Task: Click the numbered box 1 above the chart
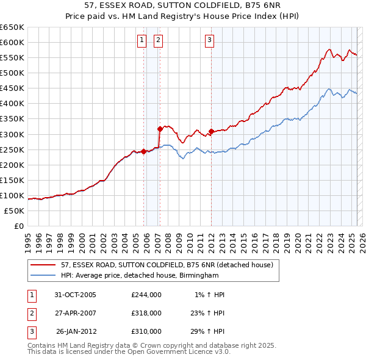point(142,41)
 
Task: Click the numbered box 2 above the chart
point(158,41)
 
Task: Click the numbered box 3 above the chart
point(209,41)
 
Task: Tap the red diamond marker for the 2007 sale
point(160,129)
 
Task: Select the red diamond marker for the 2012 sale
point(211,131)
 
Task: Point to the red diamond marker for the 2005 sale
point(144,151)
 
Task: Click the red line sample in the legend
point(42,265)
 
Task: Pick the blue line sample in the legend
point(42,275)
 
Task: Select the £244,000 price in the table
point(146,295)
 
